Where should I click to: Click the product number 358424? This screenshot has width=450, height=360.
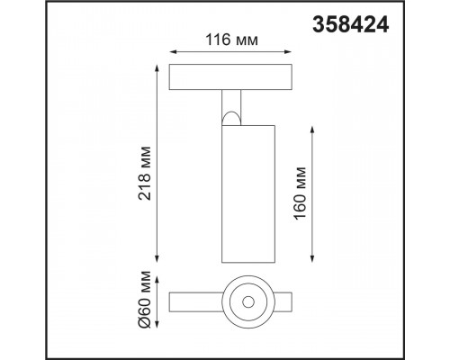coord(351,24)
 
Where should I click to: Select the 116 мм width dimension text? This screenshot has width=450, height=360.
coord(231,40)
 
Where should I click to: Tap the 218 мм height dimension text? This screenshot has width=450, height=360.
coord(145,173)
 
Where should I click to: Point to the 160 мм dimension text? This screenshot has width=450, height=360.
coord(300,193)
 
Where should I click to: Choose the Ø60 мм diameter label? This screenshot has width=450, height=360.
coord(145,299)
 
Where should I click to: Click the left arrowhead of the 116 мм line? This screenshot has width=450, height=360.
coord(173,52)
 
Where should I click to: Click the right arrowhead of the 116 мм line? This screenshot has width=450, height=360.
coord(288,52)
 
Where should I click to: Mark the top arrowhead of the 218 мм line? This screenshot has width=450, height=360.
coord(157,67)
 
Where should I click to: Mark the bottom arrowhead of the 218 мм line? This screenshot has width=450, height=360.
coord(157,259)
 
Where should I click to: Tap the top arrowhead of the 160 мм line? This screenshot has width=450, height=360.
coord(312,130)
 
